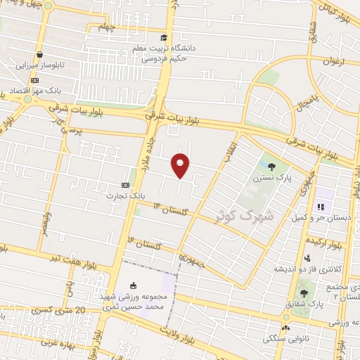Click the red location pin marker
181,165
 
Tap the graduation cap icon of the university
164,38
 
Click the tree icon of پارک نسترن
272,167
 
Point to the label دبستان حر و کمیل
323,219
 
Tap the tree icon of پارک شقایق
304,292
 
